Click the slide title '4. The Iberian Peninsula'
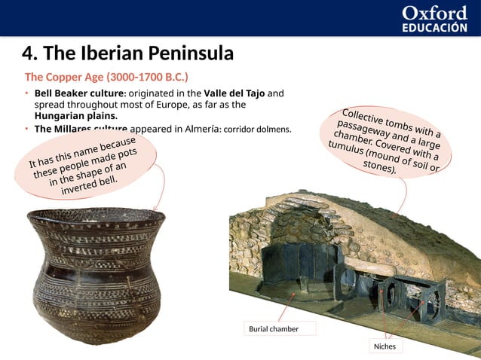pyautogui.click(x=127, y=53)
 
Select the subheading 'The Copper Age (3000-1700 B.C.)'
pyautogui.click(x=106, y=77)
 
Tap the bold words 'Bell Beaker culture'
pyautogui.click(x=79, y=93)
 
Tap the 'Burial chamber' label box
pyautogui.click(x=274, y=329)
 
